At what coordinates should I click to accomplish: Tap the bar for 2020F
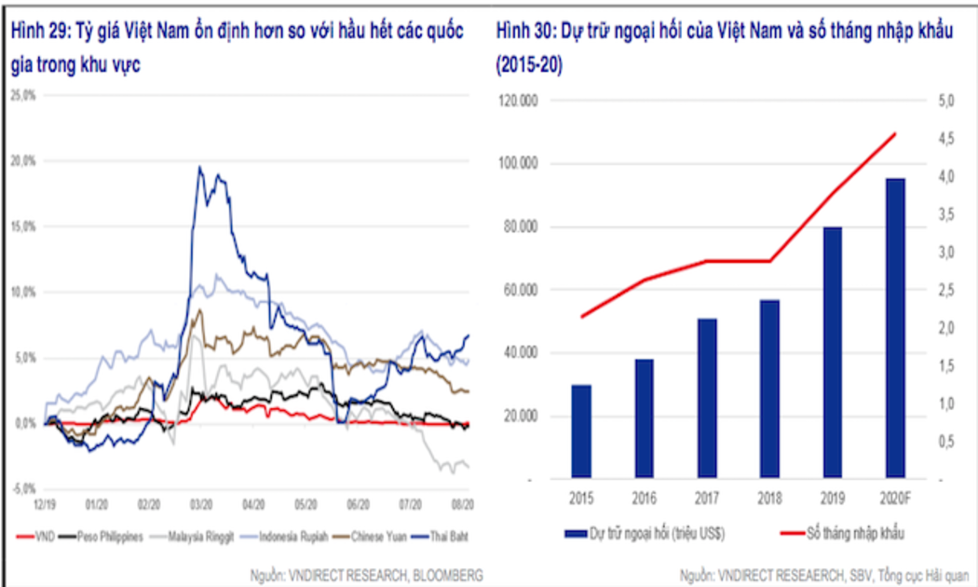895,328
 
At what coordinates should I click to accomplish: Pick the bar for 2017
706,398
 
